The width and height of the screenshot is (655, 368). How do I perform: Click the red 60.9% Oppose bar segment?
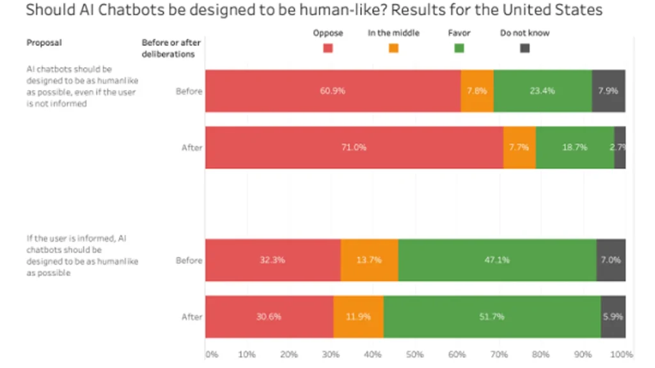(333, 91)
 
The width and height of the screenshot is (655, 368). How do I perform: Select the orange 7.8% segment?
(477, 91)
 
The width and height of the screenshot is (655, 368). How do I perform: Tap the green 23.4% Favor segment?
(542, 91)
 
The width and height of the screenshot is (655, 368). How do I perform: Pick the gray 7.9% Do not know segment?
(608, 91)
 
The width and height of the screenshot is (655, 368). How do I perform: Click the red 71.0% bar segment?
(354, 147)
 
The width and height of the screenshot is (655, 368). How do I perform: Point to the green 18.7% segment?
(575, 147)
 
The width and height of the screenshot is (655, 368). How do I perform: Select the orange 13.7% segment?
(369, 260)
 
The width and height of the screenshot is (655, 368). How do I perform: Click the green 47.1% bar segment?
(497, 260)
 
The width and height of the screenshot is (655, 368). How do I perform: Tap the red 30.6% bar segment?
(269, 316)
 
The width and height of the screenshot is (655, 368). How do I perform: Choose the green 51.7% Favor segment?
(492, 316)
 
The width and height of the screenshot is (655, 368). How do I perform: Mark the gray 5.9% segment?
(613, 316)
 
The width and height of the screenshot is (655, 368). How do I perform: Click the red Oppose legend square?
(328, 48)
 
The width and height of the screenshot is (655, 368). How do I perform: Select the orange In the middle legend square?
(393, 48)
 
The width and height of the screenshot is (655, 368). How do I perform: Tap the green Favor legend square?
(459, 48)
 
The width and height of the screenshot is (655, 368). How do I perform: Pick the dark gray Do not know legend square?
(525, 48)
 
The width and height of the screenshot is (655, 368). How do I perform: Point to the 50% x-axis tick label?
(414, 355)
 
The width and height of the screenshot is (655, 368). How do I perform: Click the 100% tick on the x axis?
(622, 355)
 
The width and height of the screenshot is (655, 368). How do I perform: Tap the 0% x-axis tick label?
(210, 355)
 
